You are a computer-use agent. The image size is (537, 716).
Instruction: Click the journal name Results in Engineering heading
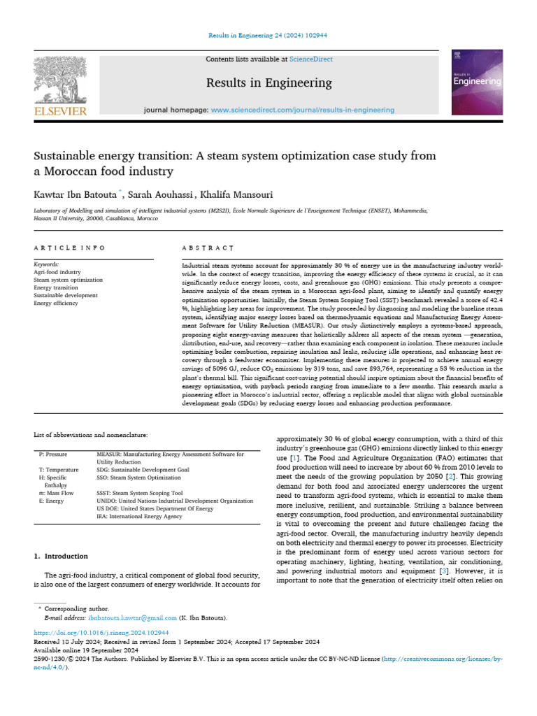268,83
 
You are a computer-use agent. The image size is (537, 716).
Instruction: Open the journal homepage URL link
302,110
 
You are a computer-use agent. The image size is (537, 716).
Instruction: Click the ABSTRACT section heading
207,248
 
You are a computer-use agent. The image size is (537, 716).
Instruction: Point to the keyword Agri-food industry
57,272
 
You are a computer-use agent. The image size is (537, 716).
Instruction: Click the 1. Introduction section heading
61,556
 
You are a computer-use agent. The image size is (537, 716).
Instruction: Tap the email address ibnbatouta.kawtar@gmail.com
133,618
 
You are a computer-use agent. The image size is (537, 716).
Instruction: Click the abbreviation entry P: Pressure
54,454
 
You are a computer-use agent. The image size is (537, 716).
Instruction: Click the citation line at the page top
268,36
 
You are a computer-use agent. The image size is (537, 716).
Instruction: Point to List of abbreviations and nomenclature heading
91,435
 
